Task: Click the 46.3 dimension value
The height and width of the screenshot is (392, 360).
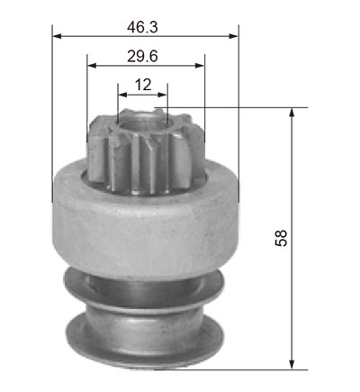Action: click(142, 28)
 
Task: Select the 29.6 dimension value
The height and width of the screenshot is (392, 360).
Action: click(142, 57)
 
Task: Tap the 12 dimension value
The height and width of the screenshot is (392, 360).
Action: click(143, 85)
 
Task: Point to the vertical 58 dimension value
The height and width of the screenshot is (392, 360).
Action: click(281, 238)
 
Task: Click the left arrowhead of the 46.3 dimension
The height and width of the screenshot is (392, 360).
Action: click(58, 36)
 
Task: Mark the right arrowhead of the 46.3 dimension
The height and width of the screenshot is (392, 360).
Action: click(233, 36)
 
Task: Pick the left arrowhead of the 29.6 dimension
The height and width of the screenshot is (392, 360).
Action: click(92, 66)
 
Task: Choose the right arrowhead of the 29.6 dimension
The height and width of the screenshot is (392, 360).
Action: click(200, 66)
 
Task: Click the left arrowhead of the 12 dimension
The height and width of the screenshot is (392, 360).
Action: click(123, 95)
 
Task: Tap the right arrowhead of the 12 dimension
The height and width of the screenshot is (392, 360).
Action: click(163, 95)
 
